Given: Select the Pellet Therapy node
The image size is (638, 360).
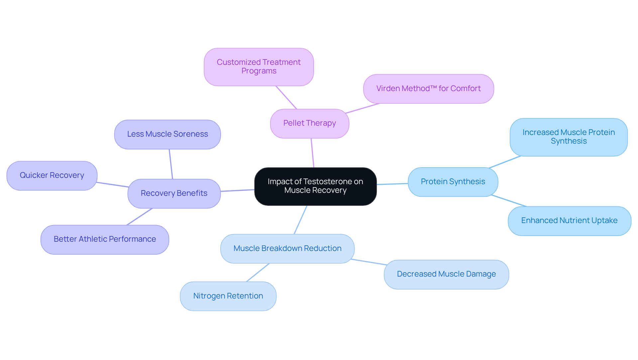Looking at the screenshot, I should coord(309,123).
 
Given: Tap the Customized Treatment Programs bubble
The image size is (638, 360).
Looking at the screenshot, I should coord(259,67).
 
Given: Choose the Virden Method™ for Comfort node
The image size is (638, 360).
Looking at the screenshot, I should coord(428,89).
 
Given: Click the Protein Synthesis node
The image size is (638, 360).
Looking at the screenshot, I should coord(453,182).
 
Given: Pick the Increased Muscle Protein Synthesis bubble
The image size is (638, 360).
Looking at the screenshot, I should coord(568,137).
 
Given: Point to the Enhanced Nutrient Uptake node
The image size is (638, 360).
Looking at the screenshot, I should coord(569,221).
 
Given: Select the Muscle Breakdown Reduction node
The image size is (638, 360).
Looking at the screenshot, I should coord(287,249).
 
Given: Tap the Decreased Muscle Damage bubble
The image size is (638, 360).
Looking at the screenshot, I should coord(446,274).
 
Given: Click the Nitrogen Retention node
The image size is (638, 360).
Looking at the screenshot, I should coord(228,296).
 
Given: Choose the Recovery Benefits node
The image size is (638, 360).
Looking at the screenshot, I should coord(174,193).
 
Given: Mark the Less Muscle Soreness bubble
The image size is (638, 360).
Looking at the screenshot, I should coord(167,134).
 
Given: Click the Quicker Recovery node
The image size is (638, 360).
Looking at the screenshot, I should coord(52,176).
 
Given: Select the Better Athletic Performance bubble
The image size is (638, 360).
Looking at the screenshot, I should coord(105,239).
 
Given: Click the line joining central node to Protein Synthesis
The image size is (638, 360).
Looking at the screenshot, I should coord(392,184).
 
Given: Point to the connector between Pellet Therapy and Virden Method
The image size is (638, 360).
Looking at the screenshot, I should coord(362,108).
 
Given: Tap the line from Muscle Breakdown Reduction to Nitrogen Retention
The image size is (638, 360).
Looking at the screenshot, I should coord(258,273).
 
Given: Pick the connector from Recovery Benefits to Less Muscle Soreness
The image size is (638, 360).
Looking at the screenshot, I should coord(171,164).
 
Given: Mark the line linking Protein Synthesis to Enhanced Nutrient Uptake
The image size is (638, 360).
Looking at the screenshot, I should coord(509,201).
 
